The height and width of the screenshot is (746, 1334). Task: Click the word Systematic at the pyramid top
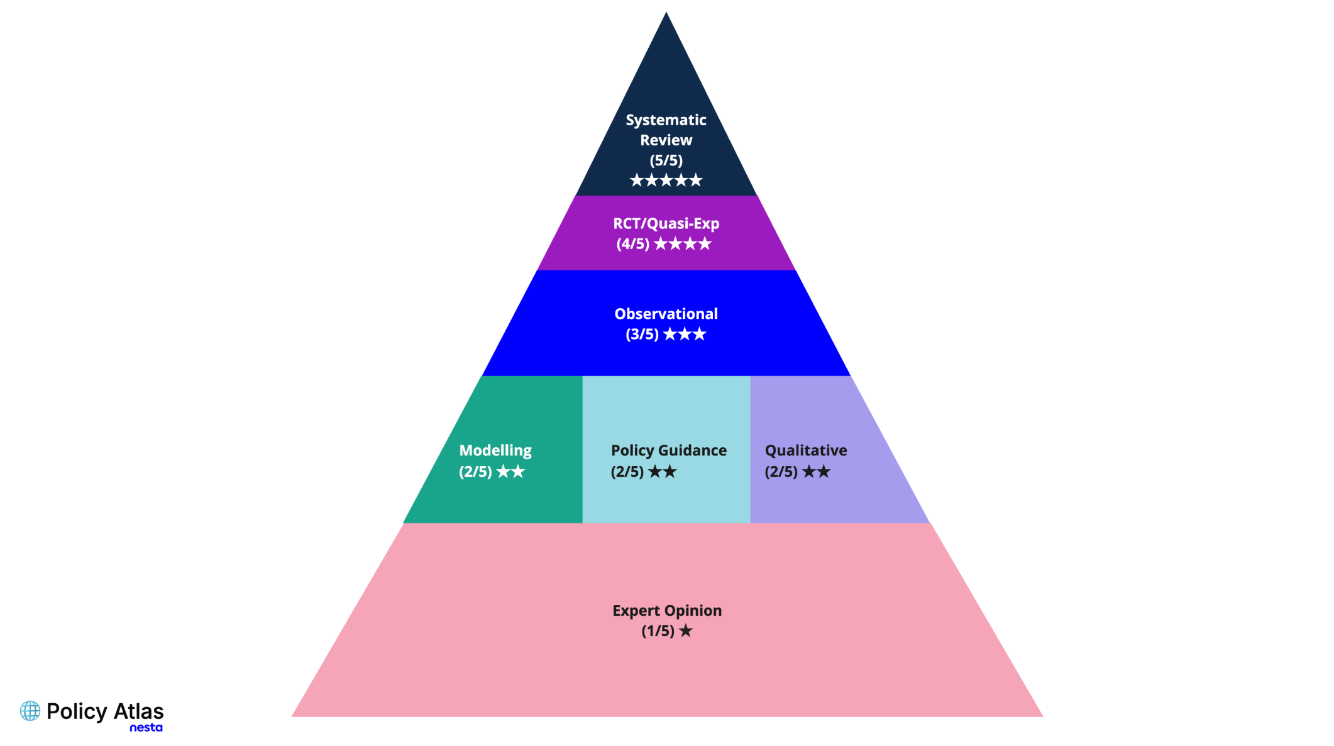point(666,120)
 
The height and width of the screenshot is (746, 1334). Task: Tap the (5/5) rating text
point(666,160)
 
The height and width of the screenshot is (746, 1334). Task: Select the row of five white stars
point(666,181)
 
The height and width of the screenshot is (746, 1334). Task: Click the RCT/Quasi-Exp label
point(666,224)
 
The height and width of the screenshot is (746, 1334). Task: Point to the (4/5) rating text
point(632,244)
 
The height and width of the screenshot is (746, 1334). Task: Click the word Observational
point(666,314)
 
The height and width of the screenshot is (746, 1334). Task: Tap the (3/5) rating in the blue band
point(642,334)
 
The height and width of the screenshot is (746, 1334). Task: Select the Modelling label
point(495,451)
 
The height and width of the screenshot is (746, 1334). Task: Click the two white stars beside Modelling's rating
point(510,471)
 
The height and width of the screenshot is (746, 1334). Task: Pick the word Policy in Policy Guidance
point(632,451)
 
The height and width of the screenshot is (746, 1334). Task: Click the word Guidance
point(693,450)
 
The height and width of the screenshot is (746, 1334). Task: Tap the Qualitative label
point(806,451)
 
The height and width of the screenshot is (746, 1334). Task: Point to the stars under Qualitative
point(816,471)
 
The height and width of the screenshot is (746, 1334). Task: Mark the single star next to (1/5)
point(685,631)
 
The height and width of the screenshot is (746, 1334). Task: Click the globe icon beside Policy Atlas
point(30,711)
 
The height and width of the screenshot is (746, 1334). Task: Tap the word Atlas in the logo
point(138,711)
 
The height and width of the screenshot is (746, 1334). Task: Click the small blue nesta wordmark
point(146,728)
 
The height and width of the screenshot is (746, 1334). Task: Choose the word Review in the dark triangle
point(666,140)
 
